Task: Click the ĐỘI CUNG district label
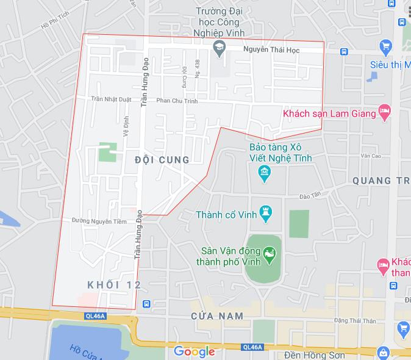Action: (161, 160)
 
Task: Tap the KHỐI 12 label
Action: (114, 285)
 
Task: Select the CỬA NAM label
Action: (216, 315)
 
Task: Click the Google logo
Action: (194, 351)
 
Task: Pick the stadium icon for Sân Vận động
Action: (268, 251)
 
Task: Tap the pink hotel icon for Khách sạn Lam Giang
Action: (384, 113)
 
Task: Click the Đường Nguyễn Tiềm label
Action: (99, 221)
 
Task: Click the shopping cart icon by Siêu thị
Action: (385, 46)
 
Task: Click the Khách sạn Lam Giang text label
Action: (329, 113)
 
